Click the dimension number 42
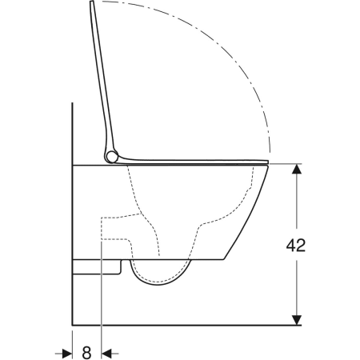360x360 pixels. point(296,245)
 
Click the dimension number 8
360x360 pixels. point(86,353)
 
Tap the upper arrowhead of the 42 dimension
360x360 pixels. point(297,169)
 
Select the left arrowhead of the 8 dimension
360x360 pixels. point(67,354)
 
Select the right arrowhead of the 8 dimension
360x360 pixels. point(106,354)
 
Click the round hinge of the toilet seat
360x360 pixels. point(111,157)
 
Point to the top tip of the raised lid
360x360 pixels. point(92,2)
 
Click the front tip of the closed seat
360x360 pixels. point(268,162)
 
